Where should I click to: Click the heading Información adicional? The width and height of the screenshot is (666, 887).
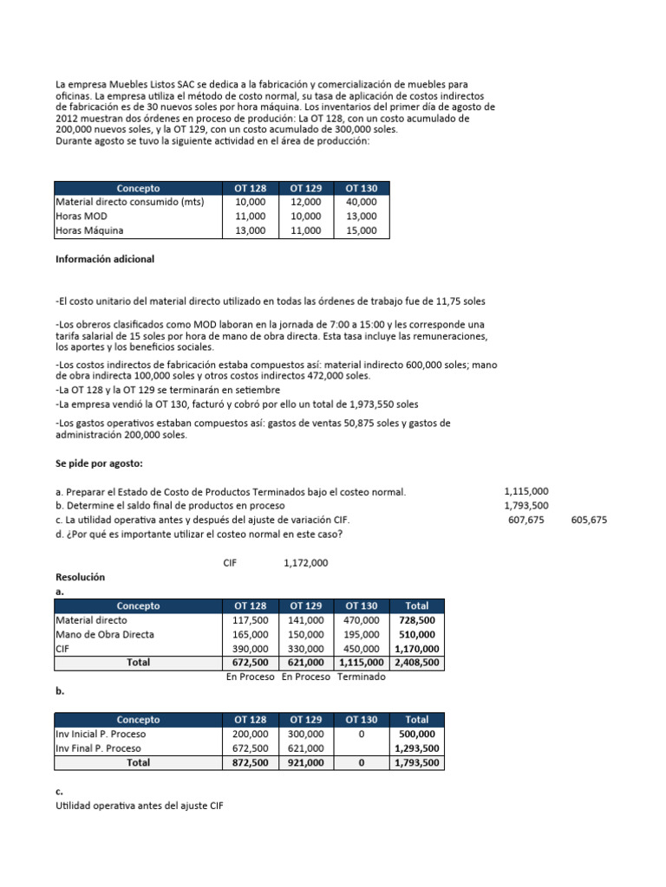click(x=105, y=258)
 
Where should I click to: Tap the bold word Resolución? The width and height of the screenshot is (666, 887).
click(x=80, y=576)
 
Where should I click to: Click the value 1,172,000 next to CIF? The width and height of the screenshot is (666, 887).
click(x=305, y=563)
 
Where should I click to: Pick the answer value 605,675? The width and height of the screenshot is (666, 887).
click(x=590, y=520)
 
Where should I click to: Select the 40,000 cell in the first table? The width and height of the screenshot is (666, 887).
click(x=361, y=202)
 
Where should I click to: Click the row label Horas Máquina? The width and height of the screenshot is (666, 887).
click(x=89, y=230)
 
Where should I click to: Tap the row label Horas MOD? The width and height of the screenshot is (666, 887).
click(x=82, y=217)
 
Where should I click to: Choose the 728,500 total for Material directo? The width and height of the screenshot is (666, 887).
click(x=417, y=620)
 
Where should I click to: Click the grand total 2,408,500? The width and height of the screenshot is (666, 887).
click(x=416, y=663)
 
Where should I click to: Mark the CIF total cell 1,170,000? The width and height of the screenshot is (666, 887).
click(x=416, y=649)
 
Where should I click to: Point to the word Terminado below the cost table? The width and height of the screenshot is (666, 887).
click(x=362, y=677)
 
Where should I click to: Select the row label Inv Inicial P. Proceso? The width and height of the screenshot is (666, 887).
click(x=101, y=734)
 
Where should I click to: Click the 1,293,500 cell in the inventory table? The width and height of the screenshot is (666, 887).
click(x=416, y=748)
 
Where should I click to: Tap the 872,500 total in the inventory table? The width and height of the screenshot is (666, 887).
click(x=251, y=763)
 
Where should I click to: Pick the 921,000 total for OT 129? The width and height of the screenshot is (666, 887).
click(x=306, y=763)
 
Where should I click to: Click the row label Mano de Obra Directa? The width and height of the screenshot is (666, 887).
click(x=105, y=634)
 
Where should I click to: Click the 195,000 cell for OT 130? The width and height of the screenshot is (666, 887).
click(x=361, y=634)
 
